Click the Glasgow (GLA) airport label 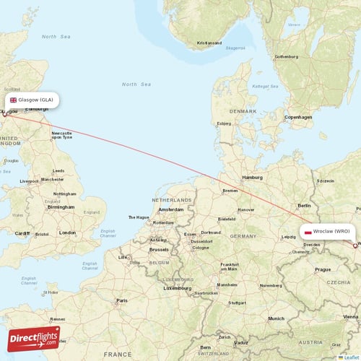[30, 100]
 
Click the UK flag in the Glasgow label [13, 100]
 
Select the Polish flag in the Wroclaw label [308, 232]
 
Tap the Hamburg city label [253, 177]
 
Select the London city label [68, 232]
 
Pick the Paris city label [123, 300]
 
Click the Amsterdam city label [170, 209]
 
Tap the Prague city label [322, 269]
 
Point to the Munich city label [275, 318]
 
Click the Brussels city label [159, 249]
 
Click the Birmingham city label [61, 206]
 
